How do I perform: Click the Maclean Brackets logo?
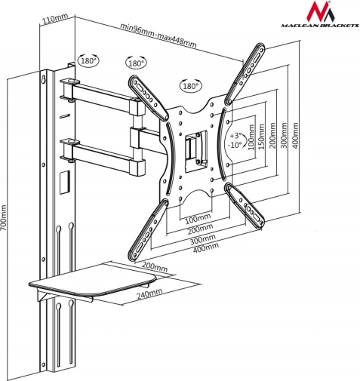[320, 14]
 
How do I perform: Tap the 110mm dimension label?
[55, 19]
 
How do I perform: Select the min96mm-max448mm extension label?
[158, 35]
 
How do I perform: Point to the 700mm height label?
[4, 220]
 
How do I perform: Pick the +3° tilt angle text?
[235, 136]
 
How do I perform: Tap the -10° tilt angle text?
[234, 145]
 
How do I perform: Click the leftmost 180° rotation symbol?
[88, 60]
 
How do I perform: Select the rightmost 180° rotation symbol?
[190, 86]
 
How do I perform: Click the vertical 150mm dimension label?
[262, 136]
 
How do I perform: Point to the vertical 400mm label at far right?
[295, 135]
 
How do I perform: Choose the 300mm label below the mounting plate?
[202, 239]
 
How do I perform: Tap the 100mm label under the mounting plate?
[198, 219]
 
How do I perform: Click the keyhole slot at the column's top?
[44, 78]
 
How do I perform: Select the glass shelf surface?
[93, 280]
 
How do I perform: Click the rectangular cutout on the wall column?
[65, 183]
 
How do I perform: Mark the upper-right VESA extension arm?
[245, 74]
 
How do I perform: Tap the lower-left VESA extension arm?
[148, 229]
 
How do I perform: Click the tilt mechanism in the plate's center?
[196, 152]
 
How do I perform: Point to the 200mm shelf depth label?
[155, 267]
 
